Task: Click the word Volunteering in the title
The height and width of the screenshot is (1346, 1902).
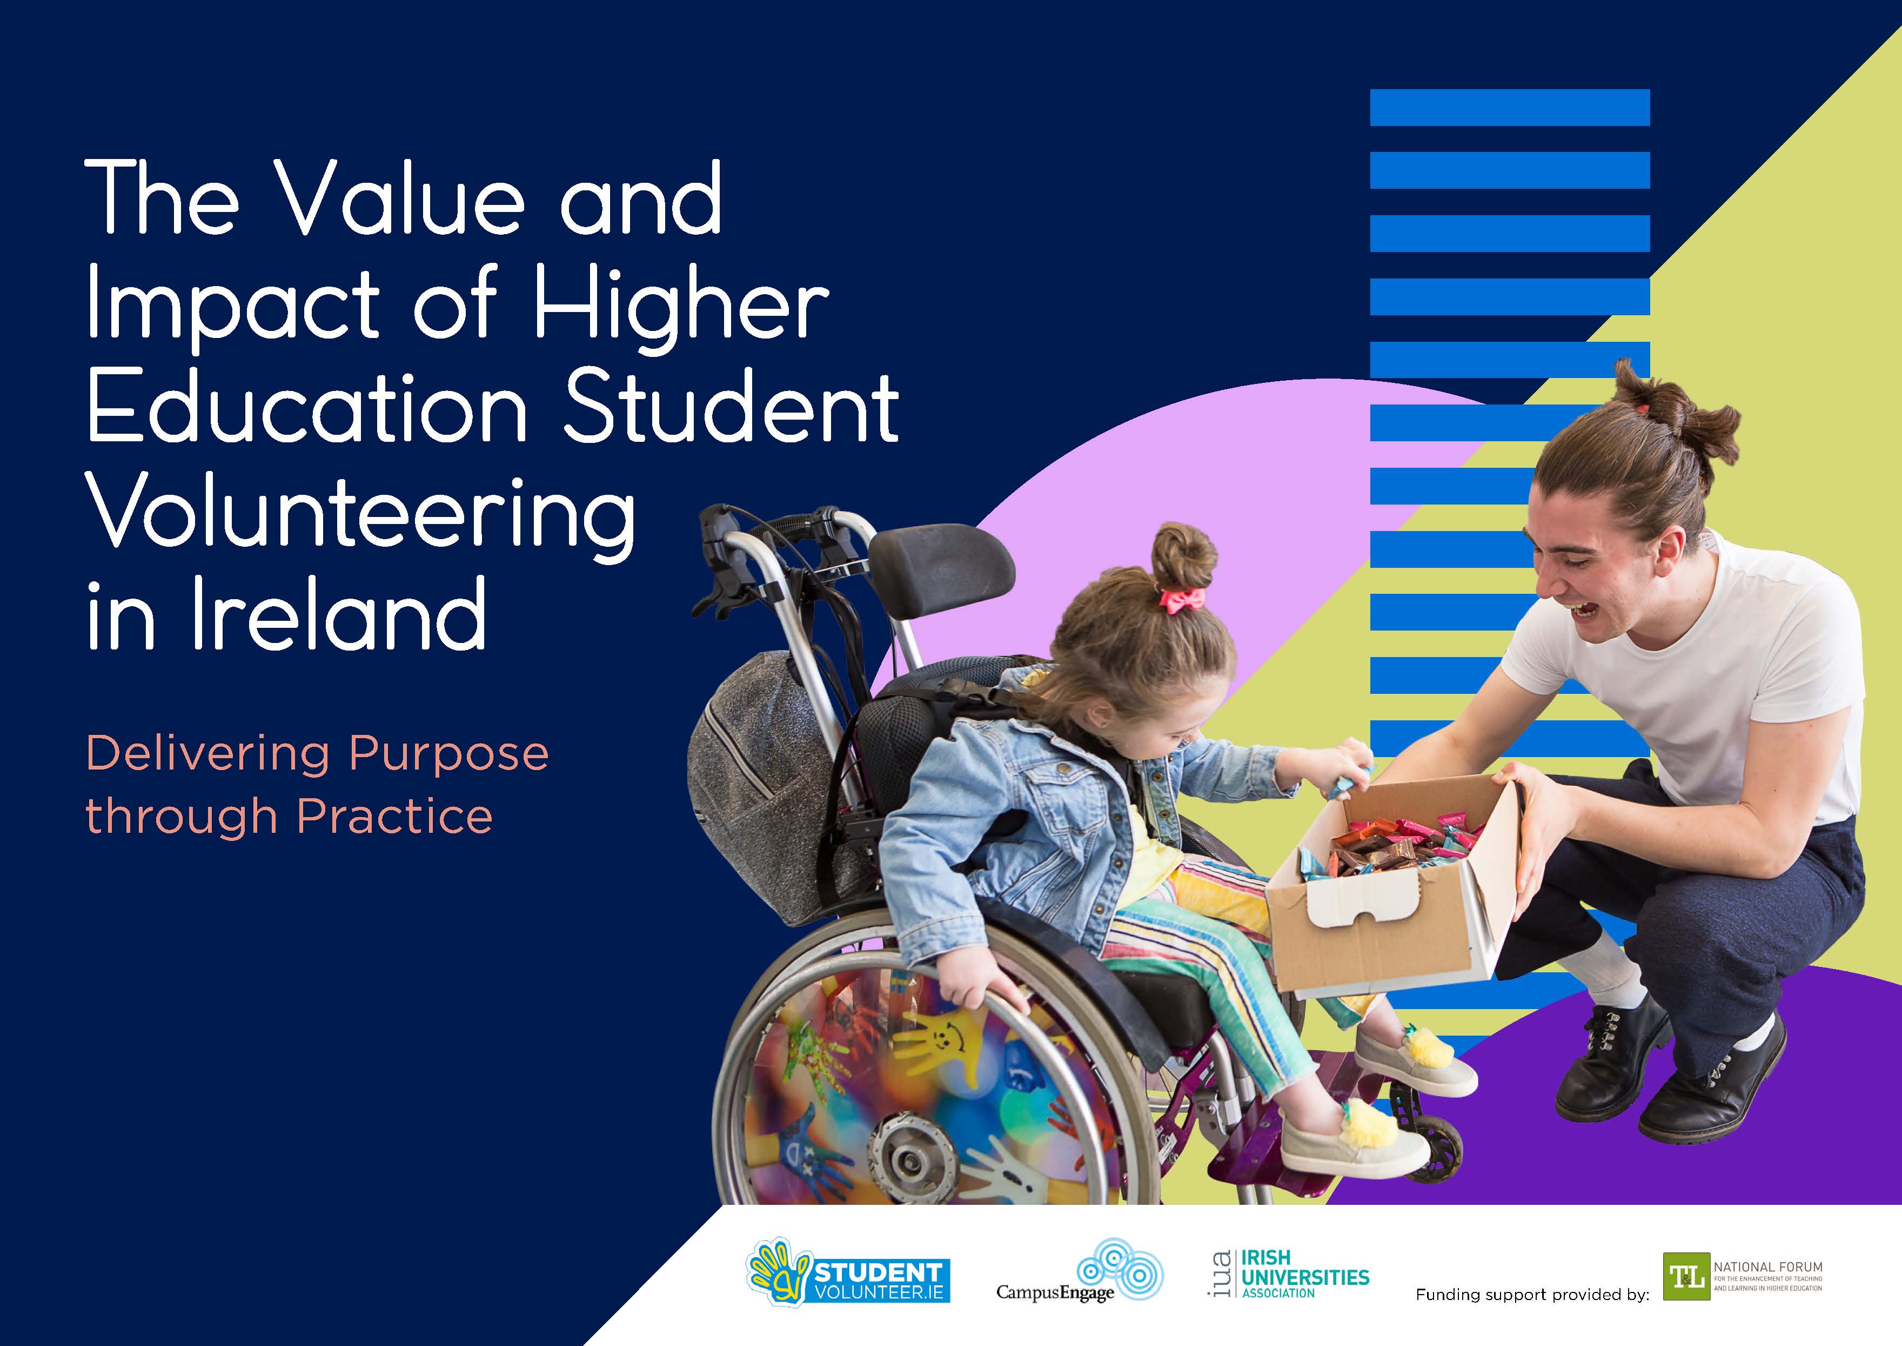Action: tap(360, 515)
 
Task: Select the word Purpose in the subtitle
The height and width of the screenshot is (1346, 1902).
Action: tap(448, 754)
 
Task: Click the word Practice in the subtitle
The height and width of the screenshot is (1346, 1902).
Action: tap(394, 817)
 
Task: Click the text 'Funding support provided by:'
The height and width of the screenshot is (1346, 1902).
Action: tap(1532, 1295)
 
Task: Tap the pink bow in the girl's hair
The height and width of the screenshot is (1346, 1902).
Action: tap(1183, 599)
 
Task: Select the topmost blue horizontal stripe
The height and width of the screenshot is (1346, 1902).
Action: tap(1509, 108)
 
